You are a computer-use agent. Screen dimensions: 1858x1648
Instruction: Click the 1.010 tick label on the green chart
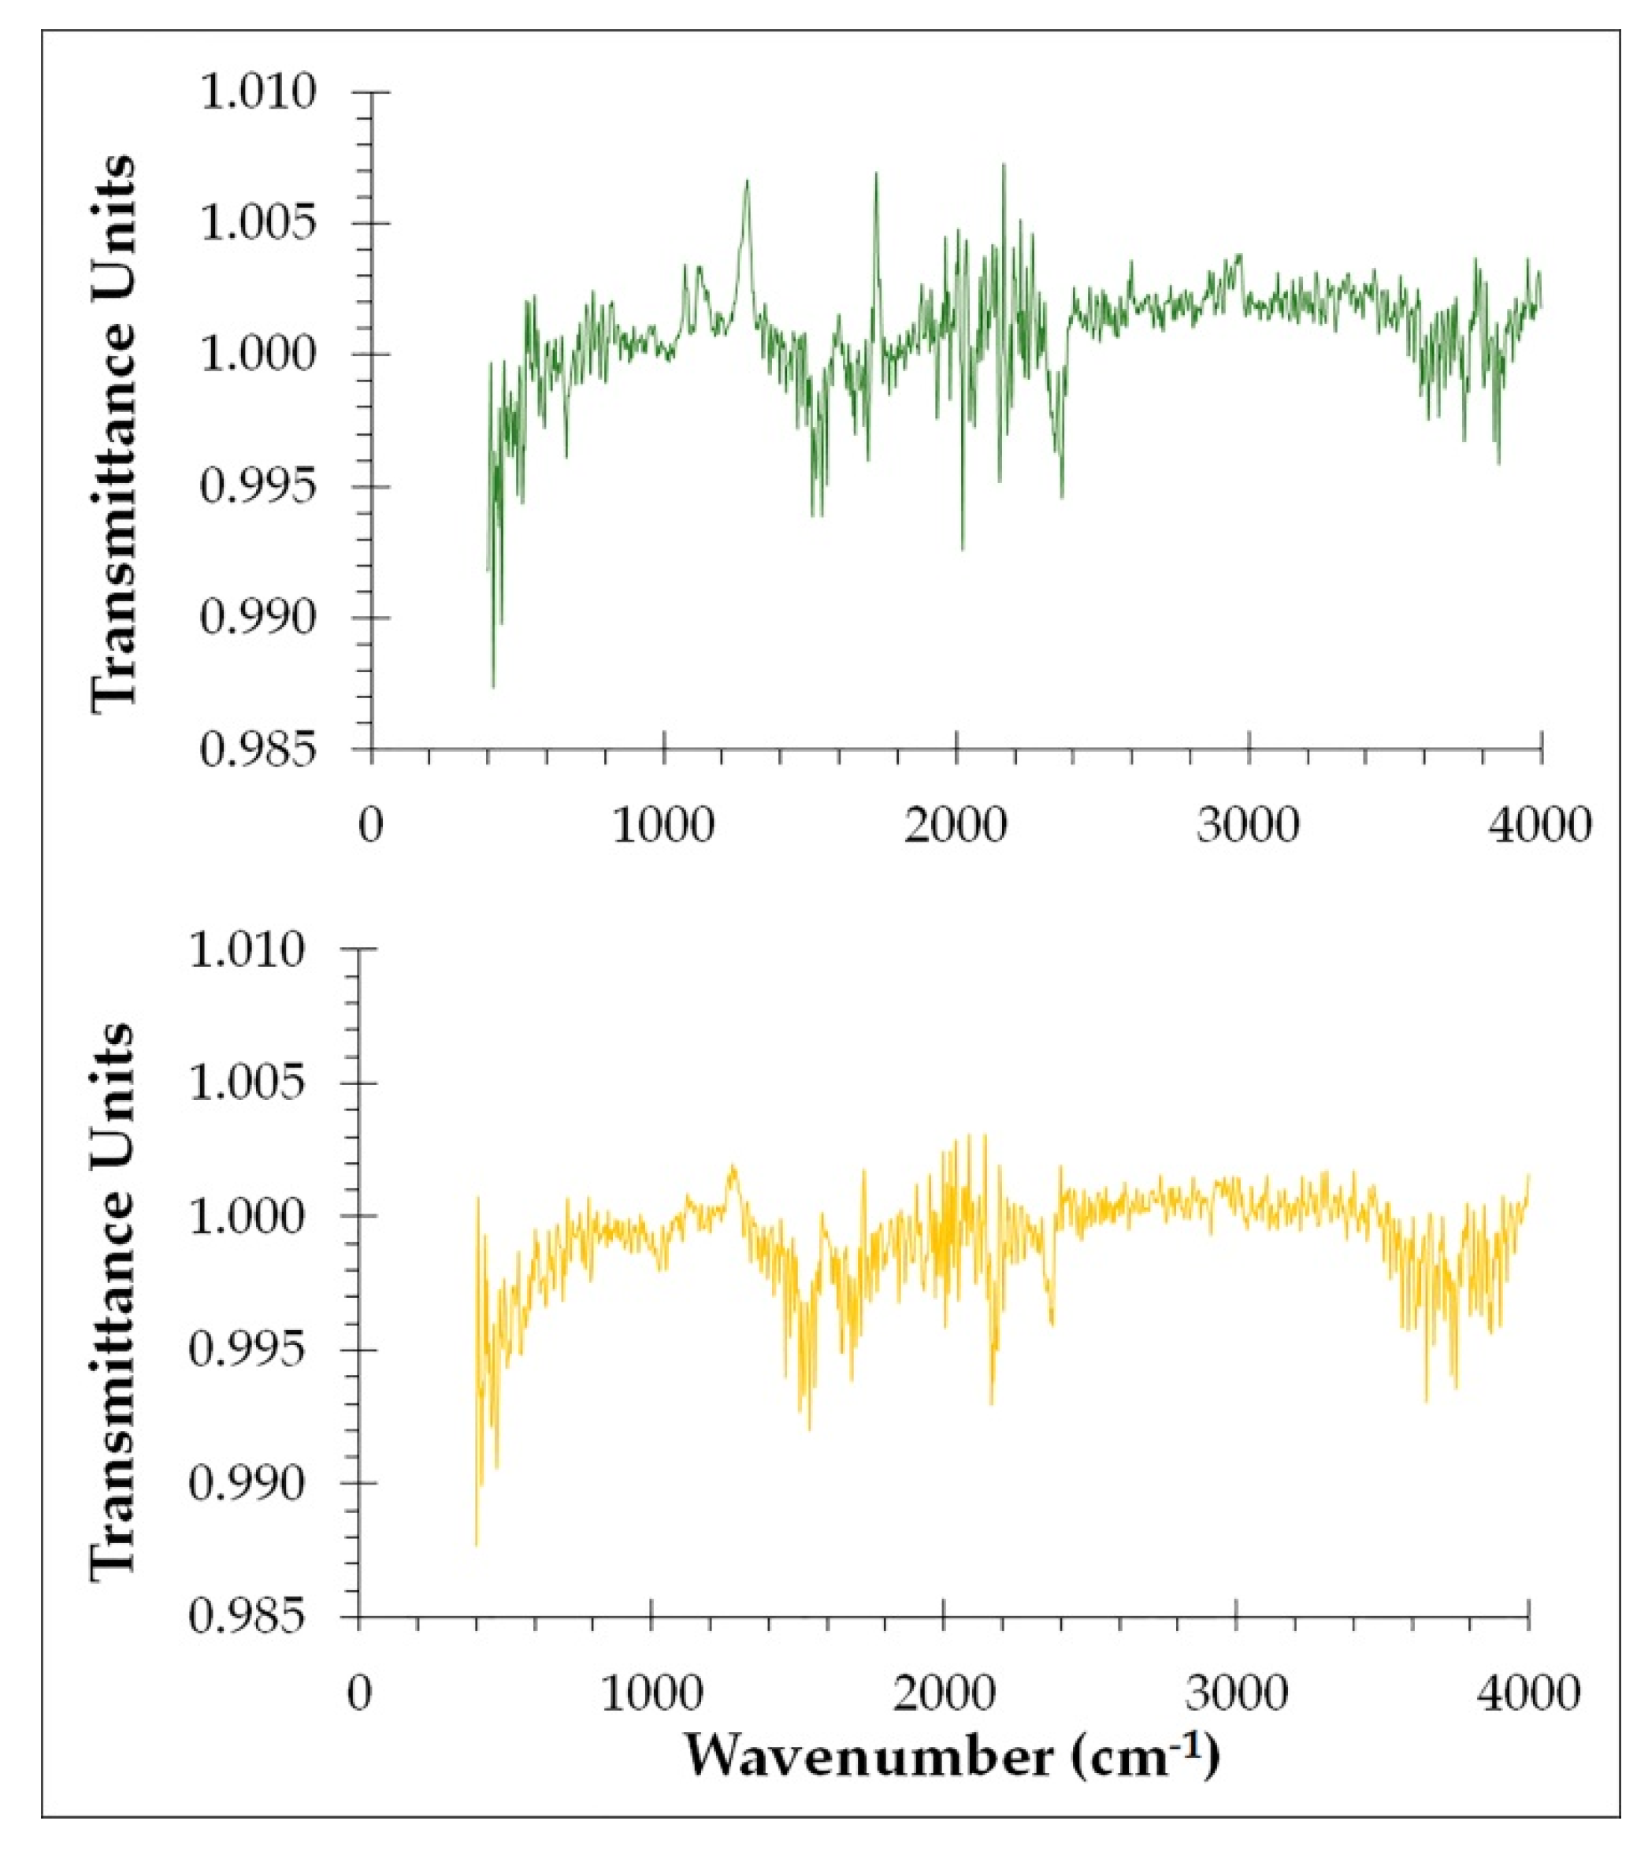pos(258,93)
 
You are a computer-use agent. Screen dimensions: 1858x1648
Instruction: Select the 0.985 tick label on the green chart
pos(258,750)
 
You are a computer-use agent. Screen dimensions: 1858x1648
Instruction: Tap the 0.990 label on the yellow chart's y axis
pos(247,1484)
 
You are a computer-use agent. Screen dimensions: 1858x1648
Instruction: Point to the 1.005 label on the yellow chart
pos(247,1083)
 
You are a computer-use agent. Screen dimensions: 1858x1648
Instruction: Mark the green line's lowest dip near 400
pos(492,686)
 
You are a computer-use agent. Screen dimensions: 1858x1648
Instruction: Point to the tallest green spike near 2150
pos(1004,165)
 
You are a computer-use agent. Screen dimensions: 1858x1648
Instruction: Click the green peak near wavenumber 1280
pos(746,182)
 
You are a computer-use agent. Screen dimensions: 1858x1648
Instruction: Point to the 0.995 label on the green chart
pos(258,487)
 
